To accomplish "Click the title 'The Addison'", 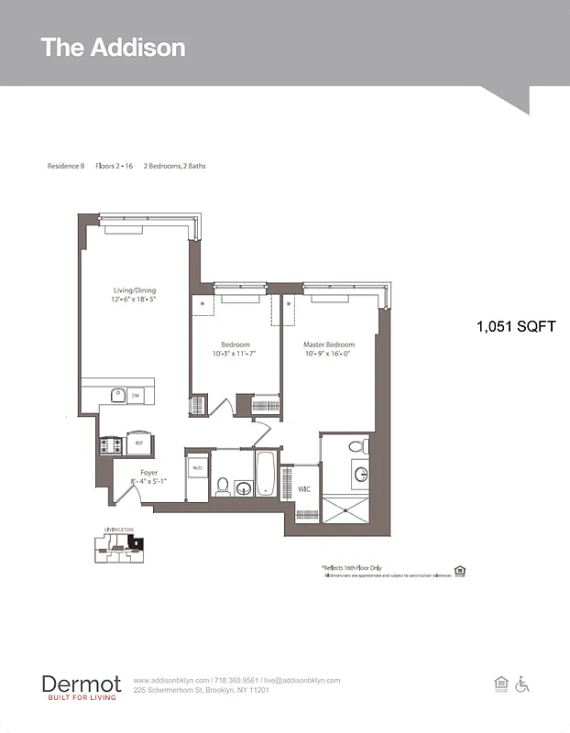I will pos(113,48).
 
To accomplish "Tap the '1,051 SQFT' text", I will pos(515,326).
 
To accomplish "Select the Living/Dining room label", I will pos(135,295).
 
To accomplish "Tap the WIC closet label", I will pos(303,489).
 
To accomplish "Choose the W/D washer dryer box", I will pos(197,467).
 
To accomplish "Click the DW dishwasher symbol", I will pos(135,396).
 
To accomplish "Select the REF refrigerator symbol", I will pos(139,443).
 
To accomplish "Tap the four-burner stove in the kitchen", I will pos(111,445).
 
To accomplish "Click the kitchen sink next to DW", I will pos(117,396).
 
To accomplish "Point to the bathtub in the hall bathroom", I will pos(265,473).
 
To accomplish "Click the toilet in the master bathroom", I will pos(359,447).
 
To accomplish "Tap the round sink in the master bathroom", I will pos(360,474).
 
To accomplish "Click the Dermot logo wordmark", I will pos(81,684).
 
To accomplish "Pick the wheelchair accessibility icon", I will pos(523,684).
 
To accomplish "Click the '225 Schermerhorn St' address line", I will pos(202,690).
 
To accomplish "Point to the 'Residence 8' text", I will pos(66,166).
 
